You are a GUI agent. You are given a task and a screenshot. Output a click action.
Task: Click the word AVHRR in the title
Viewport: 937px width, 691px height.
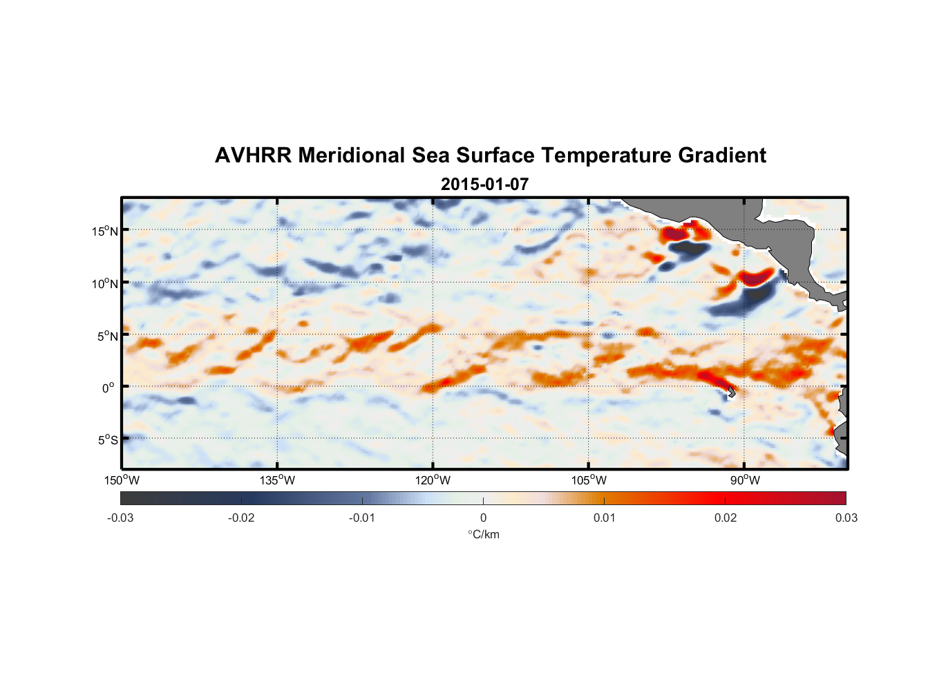pos(253,155)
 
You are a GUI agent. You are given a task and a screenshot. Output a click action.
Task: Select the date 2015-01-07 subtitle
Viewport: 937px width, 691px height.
pos(484,184)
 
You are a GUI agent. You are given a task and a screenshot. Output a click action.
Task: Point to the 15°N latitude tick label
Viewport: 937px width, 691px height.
pos(104,231)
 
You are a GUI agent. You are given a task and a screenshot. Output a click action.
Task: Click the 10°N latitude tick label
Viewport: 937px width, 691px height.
pos(104,283)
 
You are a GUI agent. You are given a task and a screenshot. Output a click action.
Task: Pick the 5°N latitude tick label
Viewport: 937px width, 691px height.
pos(107,336)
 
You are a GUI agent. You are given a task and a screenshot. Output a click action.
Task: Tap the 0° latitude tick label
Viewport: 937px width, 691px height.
pos(108,388)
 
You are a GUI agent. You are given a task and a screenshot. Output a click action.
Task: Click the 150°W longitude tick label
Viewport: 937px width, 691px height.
pos(122,480)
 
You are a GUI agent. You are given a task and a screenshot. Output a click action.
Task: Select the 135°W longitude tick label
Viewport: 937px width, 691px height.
pos(277,480)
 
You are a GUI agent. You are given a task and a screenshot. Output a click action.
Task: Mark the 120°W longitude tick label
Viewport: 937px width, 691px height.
pos(433,480)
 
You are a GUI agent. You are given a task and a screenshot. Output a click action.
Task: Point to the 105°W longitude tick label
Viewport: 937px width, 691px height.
pos(589,480)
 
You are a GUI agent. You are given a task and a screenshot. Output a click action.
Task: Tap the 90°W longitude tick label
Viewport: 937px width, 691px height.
pos(744,480)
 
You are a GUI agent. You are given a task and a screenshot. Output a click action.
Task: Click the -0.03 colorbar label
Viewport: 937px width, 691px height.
pos(120,518)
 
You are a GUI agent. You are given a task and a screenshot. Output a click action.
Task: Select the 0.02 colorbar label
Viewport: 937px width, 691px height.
pos(726,518)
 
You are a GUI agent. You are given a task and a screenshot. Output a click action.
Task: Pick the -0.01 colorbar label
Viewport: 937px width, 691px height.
pos(362,518)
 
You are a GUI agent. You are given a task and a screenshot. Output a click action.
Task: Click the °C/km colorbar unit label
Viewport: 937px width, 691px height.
pos(483,534)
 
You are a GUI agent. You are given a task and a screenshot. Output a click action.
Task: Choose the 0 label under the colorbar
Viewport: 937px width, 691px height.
pos(483,518)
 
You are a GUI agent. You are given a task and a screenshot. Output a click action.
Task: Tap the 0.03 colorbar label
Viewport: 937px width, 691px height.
pos(846,518)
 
